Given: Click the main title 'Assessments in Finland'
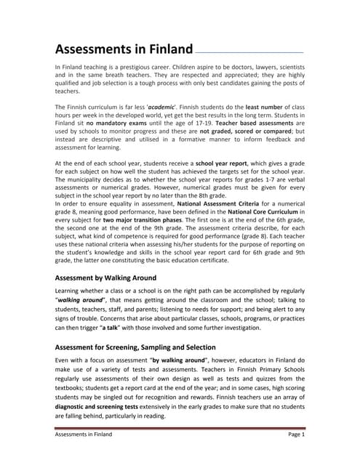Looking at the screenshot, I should pyautogui.click(x=124, y=50).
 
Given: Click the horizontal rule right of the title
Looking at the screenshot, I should pyautogui.click(x=249, y=53).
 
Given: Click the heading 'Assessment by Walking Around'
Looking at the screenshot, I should pyautogui.click(x=116, y=278).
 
